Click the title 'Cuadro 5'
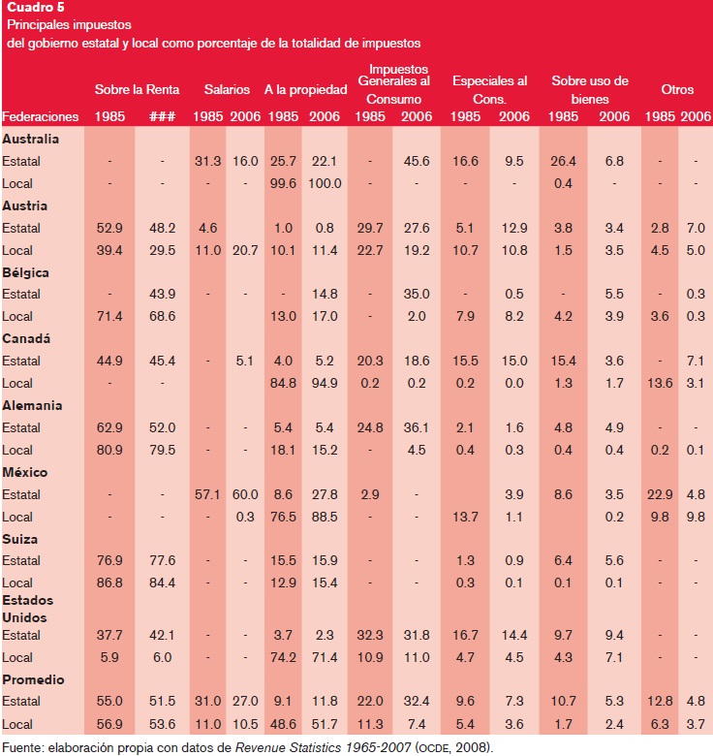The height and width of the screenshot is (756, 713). pos(33,8)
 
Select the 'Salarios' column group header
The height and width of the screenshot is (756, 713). pos(227,90)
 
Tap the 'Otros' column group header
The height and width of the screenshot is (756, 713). pos(677,90)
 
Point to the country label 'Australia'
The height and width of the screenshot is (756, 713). pos(31,139)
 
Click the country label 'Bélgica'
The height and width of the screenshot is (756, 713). pos(26,272)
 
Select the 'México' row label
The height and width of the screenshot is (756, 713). pos(25,472)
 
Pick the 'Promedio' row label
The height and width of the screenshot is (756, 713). pos(33,679)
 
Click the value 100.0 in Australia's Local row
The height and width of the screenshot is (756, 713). pos(325,183)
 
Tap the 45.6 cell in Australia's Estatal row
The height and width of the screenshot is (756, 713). pos(417,161)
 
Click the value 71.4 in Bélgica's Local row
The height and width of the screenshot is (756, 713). pos(108,317)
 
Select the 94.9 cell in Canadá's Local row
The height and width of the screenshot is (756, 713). pos(325,383)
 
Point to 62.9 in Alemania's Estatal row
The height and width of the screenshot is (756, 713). pos(108,427)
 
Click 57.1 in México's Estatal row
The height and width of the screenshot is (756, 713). pos(209,494)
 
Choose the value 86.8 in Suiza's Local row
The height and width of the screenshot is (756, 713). pos(108,583)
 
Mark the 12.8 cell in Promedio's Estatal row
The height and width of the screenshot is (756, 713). pos(659,702)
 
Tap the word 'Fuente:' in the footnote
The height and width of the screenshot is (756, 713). pos(25,747)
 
